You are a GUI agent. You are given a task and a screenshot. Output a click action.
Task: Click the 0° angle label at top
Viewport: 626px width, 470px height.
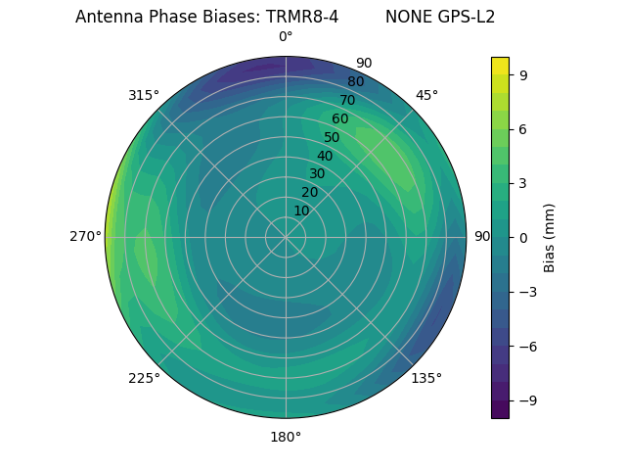pos(286,37)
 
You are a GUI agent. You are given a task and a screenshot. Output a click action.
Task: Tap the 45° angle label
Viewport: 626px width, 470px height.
pos(426,95)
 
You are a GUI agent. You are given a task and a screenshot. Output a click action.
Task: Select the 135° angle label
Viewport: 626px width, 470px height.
pos(426,378)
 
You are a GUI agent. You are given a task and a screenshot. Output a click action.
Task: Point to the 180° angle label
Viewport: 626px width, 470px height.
pos(286,437)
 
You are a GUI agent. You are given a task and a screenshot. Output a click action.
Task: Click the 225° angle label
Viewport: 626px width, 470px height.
pos(144,378)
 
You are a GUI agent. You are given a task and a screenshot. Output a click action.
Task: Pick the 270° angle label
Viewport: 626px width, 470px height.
pos(86,236)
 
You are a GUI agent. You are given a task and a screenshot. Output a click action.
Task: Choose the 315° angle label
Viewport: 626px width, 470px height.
pos(144,95)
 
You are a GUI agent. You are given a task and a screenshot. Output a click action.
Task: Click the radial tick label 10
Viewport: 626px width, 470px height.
pos(301,211)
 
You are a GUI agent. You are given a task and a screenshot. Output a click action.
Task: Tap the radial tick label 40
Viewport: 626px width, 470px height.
pos(325,156)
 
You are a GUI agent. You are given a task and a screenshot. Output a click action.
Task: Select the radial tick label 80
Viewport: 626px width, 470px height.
pos(355,81)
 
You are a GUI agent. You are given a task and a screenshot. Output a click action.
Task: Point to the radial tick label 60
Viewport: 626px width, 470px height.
pos(339,118)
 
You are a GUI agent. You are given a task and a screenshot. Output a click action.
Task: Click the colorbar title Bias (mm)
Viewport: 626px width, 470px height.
pos(550,237)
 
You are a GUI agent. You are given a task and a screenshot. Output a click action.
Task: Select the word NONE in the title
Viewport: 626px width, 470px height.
pos(406,17)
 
